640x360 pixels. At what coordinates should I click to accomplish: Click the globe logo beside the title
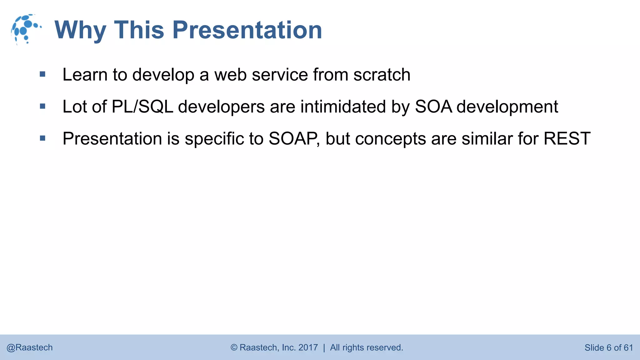coord(26,29)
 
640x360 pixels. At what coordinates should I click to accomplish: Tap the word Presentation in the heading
coord(247,30)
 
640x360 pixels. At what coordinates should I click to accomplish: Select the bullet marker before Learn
coord(43,74)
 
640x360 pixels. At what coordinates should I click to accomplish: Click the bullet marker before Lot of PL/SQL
coord(43,106)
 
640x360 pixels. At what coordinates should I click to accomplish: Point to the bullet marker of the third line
coord(43,138)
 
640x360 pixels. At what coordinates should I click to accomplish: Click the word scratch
coord(382,75)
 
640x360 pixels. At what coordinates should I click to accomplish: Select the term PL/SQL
coord(142,107)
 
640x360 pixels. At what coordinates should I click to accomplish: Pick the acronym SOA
coord(433,107)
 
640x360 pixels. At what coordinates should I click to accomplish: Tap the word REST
coord(567,138)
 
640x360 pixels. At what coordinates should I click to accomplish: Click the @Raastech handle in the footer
coord(30,347)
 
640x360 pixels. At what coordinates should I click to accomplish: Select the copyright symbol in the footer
coord(234,347)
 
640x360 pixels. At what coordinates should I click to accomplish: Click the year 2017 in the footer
coord(308,347)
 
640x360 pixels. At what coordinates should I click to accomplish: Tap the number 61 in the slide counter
coord(628,347)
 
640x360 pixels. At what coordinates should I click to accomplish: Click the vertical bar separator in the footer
coord(324,347)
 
